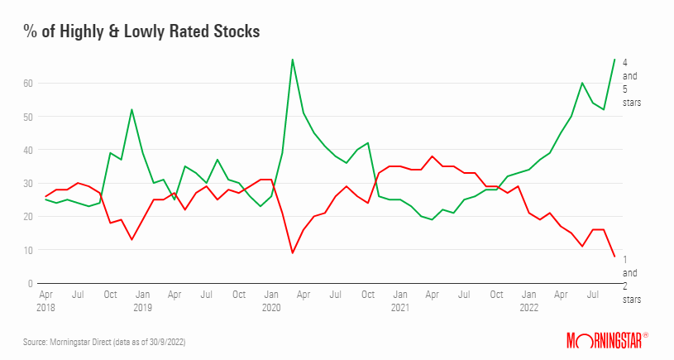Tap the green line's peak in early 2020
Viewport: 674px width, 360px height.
click(293, 60)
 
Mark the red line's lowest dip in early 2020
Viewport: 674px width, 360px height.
click(293, 253)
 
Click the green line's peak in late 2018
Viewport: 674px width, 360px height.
click(132, 110)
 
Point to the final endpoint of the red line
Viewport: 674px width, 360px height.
click(614, 257)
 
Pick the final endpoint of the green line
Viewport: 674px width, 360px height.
click(614, 60)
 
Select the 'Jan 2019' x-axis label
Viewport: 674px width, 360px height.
click(143, 300)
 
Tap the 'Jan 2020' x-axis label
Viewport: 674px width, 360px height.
click(271, 300)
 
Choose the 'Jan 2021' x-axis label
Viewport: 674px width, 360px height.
click(400, 300)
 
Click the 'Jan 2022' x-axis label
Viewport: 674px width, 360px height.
click(529, 300)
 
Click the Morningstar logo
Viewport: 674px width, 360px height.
click(606, 339)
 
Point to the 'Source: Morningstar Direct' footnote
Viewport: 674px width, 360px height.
click(103, 340)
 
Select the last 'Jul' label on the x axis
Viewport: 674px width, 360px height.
click(594, 294)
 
